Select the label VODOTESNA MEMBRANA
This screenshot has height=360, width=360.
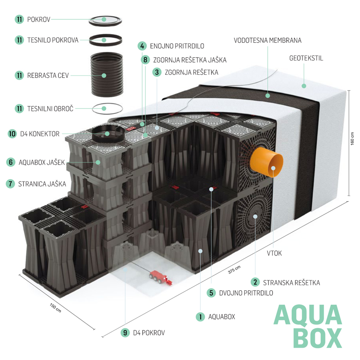pos(267,40)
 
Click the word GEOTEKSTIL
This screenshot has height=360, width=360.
pos(306,58)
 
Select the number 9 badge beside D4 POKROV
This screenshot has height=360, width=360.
pos(125,333)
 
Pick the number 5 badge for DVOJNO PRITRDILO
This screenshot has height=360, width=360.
pos(211,293)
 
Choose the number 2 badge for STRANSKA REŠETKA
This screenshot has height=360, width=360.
pos(255,283)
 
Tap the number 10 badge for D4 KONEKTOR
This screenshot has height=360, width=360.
pos(13,134)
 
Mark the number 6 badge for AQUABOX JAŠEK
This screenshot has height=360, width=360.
pos(10,162)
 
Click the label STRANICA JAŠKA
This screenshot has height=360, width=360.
pos(42,184)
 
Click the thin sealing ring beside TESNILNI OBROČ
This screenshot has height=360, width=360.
pos(107,108)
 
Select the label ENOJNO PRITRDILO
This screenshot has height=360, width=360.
pos(178,46)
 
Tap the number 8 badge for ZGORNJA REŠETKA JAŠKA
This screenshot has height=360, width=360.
pos(144,59)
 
